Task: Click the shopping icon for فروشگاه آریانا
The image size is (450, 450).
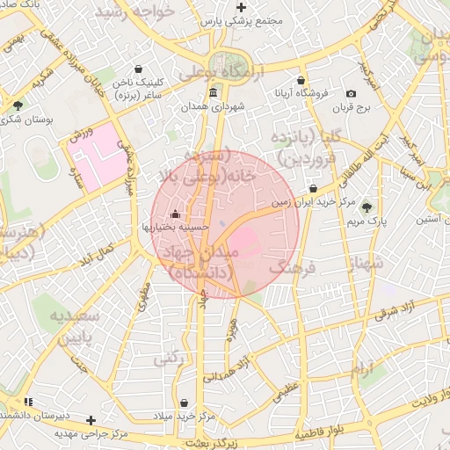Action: (301, 80)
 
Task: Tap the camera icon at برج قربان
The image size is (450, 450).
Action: (352, 94)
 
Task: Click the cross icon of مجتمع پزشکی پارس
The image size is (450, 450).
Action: (242, 7)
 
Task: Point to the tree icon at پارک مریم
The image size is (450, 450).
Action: (367, 207)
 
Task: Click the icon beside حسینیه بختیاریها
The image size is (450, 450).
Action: (175, 214)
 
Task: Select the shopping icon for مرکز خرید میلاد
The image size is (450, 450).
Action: (184, 403)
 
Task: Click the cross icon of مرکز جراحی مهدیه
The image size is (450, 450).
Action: (90, 420)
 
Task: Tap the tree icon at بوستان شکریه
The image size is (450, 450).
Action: (18, 105)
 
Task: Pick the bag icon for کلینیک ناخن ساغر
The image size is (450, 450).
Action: (138, 69)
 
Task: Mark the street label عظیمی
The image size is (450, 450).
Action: (286, 391)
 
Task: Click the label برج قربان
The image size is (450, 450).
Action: (352, 108)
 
